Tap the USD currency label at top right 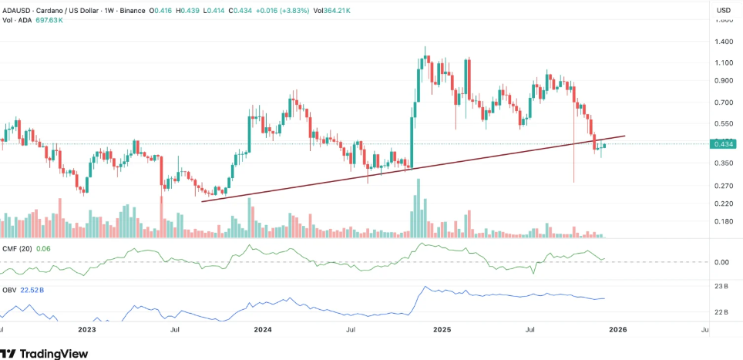tap(724, 10)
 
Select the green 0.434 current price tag tap(723, 143)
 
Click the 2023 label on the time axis tap(87, 330)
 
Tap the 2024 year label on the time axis tap(263, 330)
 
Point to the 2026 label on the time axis tap(617, 330)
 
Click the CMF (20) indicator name tap(18, 248)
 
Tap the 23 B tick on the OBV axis tap(722, 287)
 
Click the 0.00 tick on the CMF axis tap(722, 262)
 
